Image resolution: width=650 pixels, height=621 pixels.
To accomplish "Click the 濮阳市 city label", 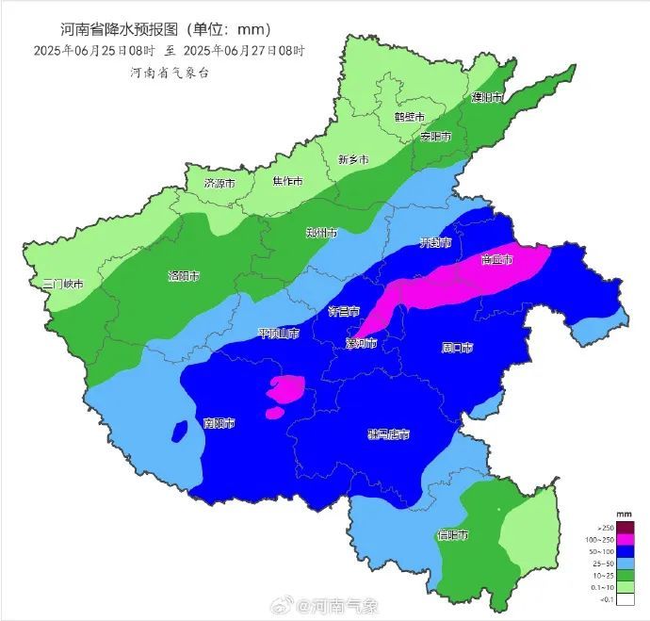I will [487, 97].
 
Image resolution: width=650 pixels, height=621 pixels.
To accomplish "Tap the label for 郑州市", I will [321, 232].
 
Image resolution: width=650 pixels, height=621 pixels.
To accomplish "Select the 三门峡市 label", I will [63, 284].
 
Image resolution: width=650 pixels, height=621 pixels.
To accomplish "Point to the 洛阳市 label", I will [183, 276].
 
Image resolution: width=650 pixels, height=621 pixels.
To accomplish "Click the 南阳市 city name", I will [219, 422].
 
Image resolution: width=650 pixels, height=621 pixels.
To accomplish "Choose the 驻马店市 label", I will [388, 434].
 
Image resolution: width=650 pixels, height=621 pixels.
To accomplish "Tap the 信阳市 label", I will [453, 534].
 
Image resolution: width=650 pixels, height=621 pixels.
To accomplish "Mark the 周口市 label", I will [457, 347].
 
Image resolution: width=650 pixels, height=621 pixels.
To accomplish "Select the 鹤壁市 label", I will [409, 117].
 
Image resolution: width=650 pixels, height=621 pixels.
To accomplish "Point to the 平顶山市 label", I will [279, 334].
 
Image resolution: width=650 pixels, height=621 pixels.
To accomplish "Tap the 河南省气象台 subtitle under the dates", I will [171, 73].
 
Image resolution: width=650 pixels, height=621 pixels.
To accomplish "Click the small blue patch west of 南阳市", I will [178, 432].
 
